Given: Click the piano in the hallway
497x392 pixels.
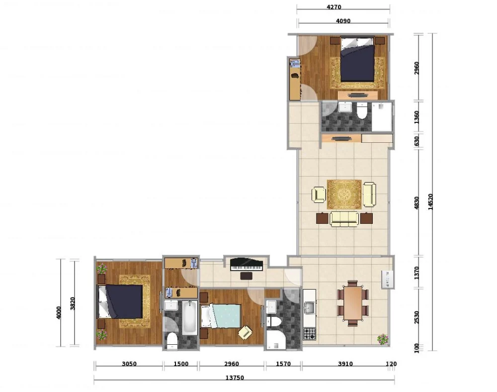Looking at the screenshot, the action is click(247, 265).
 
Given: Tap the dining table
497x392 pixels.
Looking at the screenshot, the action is click(353, 303).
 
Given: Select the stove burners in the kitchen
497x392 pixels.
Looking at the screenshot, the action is click(309, 334).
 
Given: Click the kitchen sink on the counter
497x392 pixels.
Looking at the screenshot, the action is click(309, 307).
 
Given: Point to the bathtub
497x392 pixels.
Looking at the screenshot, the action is click(189, 317).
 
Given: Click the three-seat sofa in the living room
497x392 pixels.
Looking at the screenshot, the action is click(344, 219).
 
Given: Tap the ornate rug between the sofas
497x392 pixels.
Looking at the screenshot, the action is click(344, 195).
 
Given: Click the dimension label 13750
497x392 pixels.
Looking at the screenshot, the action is click(235, 378).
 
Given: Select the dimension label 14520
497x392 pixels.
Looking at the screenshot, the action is click(430, 201).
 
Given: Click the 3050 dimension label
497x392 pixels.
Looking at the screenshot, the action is click(129, 364).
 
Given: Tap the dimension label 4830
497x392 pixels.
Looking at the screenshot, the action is click(416, 203).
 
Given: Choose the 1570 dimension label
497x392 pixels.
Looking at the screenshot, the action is click(283, 364).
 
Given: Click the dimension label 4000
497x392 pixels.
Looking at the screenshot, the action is click(58, 313).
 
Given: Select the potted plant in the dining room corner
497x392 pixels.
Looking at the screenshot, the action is click(383, 339).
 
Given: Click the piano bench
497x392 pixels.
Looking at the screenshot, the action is click(247, 276).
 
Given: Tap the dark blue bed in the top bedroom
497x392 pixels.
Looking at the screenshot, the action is click(357, 59).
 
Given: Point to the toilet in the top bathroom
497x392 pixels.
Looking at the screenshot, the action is click(362, 110).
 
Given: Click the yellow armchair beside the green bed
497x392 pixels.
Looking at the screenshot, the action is click(246, 332).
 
